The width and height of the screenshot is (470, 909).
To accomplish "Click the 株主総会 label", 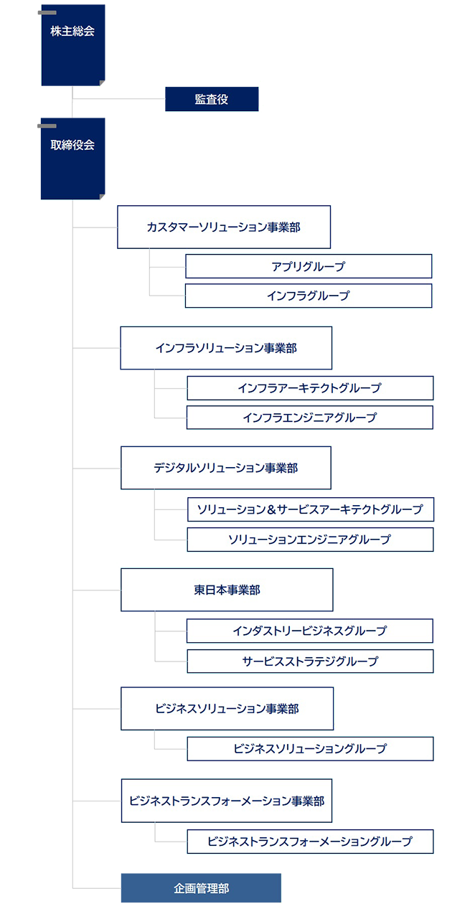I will (x=72, y=32).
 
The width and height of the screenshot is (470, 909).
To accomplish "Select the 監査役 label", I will (x=211, y=100).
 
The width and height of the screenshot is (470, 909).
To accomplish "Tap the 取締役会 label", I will (x=72, y=145).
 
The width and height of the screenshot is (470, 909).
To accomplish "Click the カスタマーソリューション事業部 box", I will (x=223, y=227).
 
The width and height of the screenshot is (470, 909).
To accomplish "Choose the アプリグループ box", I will (x=309, y=266).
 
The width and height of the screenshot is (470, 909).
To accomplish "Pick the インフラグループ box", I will (x=309, y=296).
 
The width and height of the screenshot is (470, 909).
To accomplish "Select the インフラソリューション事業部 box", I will (x=226, y=349).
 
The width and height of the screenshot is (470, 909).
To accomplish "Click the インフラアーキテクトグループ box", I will (x=309, y=388).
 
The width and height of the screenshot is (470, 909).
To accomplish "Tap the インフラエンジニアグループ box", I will (x=309, y=418).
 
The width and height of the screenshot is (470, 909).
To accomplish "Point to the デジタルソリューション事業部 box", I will (x=226, y=468).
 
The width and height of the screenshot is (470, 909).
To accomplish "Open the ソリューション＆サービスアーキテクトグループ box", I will (x=309, y=509).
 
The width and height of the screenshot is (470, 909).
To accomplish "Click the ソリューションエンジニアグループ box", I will (x=309, y=539).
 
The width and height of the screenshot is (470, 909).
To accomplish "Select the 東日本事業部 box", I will (x=227, y=590).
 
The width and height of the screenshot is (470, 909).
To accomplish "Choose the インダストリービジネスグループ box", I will (x=309, y=631).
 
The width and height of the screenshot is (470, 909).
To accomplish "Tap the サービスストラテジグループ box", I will (x=309, y=661).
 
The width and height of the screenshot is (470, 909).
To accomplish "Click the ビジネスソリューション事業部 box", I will (x=227, y=709).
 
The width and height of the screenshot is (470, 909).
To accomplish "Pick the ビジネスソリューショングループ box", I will (x=309, y=748).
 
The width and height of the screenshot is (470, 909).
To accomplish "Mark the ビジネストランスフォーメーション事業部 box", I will (x=227, y=799).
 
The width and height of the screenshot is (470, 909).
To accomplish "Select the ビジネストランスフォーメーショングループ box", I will (x=309, y=841).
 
